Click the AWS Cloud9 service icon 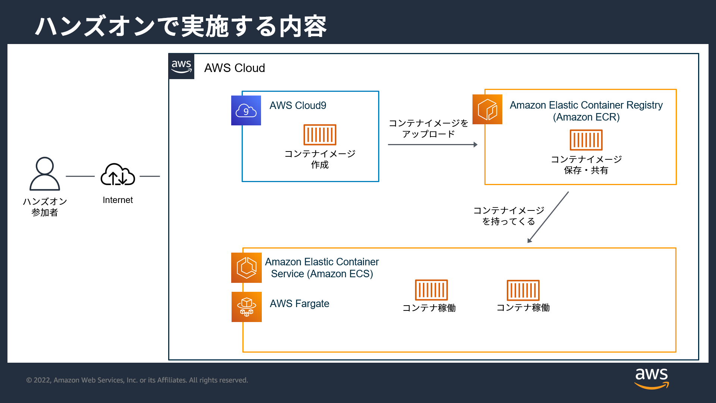pos(246,110)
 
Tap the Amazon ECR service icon pos(487,109)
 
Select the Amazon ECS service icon pos(246,268)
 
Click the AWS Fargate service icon pos(246,307)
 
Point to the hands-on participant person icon pos(44,174)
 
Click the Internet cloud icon pos(118,175)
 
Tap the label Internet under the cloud pos(117,200)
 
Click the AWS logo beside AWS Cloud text pos(182,66)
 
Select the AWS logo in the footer pos(651,378)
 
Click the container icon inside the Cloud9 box pos(320,135)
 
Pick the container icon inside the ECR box pos(586,140)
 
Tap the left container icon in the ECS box pos(431,290)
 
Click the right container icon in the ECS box pos(523,290)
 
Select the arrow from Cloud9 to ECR pos(433,144)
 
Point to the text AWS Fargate pos(299,304)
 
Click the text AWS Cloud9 pos(298,106)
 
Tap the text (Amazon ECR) pos(586,117)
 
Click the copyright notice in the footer pos(137,380)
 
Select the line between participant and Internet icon pos(80,176)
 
